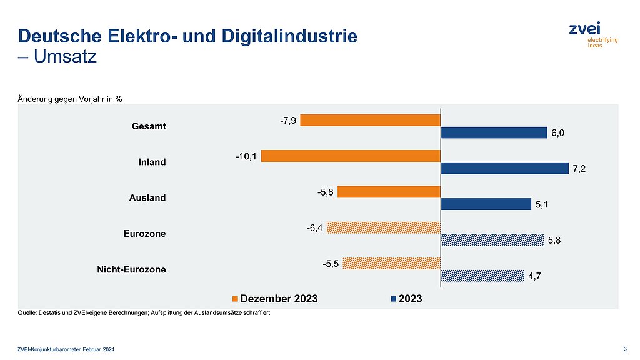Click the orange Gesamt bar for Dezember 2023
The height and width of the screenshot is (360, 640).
point(371,120)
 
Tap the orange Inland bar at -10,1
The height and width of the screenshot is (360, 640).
point(351,156)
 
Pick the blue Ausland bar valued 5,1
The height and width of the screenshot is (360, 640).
point(486,204)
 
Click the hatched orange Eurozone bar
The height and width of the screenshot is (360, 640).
point(384,227)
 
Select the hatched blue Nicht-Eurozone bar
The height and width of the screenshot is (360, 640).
point(482,276)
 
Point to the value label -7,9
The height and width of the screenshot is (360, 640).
point(287,119)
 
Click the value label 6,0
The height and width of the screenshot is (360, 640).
point(557,133)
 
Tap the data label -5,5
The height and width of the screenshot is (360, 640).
point(331,263)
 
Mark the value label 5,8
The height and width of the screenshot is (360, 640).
point(554,241)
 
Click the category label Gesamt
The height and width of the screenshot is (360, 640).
point(149,126)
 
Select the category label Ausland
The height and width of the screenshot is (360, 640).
point(148,198)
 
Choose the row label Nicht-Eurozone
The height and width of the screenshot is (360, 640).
point(131,270)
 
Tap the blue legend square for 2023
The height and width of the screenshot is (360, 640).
point(394,299)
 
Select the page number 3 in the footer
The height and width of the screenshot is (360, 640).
point(626,348)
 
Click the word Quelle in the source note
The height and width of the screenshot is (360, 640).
point(30,312)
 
